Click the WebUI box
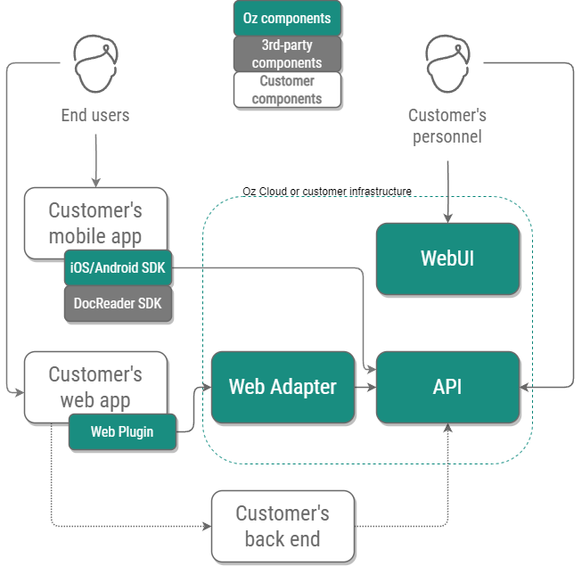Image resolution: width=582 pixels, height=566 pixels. (x=447, y=258)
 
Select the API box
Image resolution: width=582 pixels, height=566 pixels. (x=447, y=387)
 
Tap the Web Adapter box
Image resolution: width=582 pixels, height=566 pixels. (x=283, y=387)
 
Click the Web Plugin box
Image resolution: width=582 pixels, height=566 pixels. (x=122, y=432)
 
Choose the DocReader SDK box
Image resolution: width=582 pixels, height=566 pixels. (x=118, y=303)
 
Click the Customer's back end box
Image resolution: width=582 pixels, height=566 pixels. (x=283, y=526)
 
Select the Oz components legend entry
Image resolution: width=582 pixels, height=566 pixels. (x=287, y=18)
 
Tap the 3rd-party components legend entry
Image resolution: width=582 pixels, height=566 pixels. (x=287, y=53)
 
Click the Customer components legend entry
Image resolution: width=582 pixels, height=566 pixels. (x=287, y=90)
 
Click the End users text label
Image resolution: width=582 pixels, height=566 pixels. (x=94, y=115)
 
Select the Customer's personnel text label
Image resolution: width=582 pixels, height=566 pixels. (x=447, y=126)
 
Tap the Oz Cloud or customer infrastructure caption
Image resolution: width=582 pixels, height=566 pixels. (x=327, y=192)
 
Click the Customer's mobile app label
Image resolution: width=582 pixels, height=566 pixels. (x=95, y=223)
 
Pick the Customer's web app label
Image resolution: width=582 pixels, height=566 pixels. (x=95, y=387)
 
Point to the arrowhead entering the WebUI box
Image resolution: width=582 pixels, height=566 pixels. (x=447, y=217)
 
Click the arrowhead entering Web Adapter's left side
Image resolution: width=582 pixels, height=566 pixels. (x=206, y=387)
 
